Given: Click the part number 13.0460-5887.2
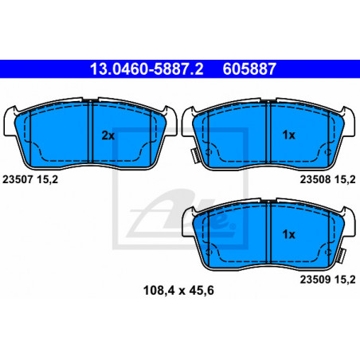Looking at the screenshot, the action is (147, 69).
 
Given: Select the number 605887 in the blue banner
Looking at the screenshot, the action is (249, 69).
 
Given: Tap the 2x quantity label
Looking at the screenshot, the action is (108, 135).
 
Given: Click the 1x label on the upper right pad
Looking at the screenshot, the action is (288, 135).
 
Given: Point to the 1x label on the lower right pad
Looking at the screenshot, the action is (288, 234).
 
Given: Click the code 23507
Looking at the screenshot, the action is (18, 180).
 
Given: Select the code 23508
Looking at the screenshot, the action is (315, 180).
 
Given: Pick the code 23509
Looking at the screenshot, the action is (315, 280).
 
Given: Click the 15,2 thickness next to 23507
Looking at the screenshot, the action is (48, 180).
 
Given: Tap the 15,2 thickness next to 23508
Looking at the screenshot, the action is (345, 180).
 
